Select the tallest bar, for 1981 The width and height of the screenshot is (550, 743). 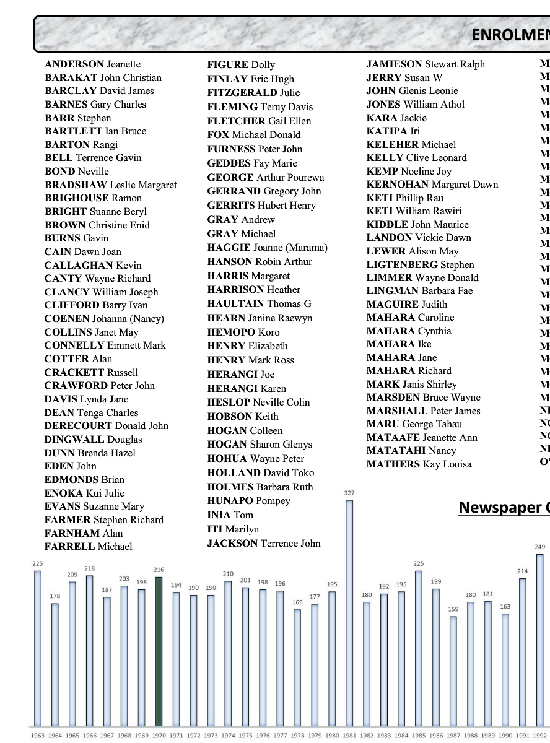tap(349, 613)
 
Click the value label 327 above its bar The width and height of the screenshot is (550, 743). tap(349, 493)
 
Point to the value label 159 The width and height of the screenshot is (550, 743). tap(453, 609)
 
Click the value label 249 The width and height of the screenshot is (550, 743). tap(539, 547)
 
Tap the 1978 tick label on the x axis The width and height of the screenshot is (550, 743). tap(297, 735)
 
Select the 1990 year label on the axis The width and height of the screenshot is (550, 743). tap(505, 735)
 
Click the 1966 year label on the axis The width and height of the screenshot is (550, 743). tap(90, 735)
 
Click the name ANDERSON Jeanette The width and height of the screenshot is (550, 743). tap(92, 64)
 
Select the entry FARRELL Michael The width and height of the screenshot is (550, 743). tap(88, 547)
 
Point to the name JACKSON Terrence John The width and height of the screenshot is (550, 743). tap(264, 543)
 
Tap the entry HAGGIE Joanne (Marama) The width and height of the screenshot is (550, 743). tap(267, 248)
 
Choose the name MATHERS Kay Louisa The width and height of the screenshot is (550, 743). tap(419, 464)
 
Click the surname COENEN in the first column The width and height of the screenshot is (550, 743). tap(67, 319)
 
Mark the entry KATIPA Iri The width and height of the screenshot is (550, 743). tap(393, 131)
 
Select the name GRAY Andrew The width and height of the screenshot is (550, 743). tap(241, 219)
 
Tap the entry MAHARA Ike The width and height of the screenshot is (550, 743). tap(399, 344)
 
